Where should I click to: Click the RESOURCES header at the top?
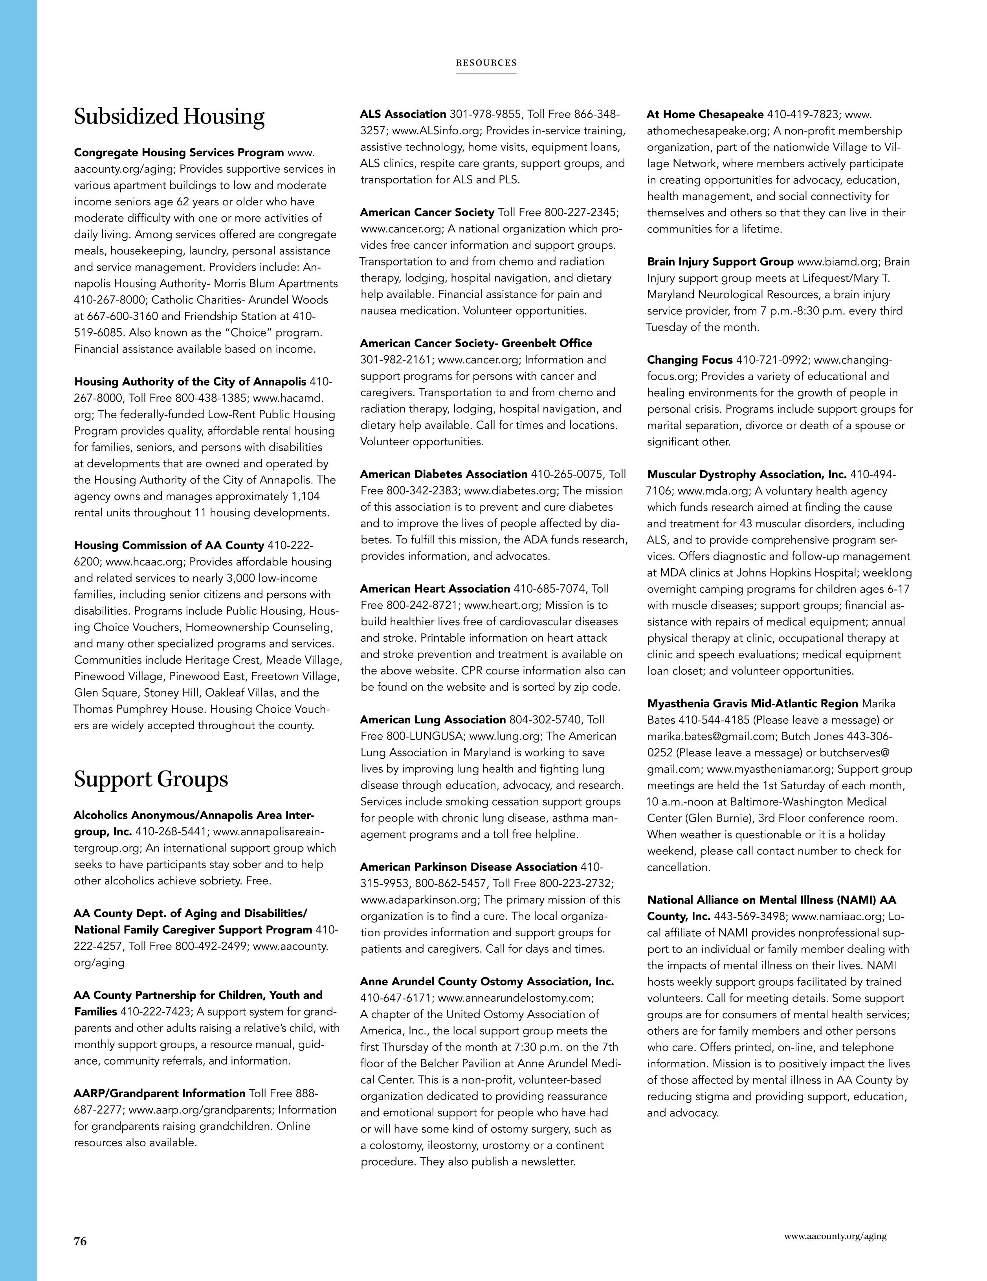click(486, 63)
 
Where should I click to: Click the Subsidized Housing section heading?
click(169, 117)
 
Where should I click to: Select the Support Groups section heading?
click(151, 779)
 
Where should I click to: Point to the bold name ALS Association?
click(403, 114)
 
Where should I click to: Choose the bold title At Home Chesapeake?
click(705, 114)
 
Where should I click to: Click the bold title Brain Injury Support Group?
click(720, 262)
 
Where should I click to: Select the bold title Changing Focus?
click(690, 360)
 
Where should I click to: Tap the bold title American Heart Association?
click(435, 588)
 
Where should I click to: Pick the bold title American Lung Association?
click(433, 720)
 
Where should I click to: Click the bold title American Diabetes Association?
click(444, 474)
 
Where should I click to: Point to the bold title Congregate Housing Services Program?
click(179, 152)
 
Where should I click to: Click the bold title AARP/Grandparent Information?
click(160, 1093)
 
